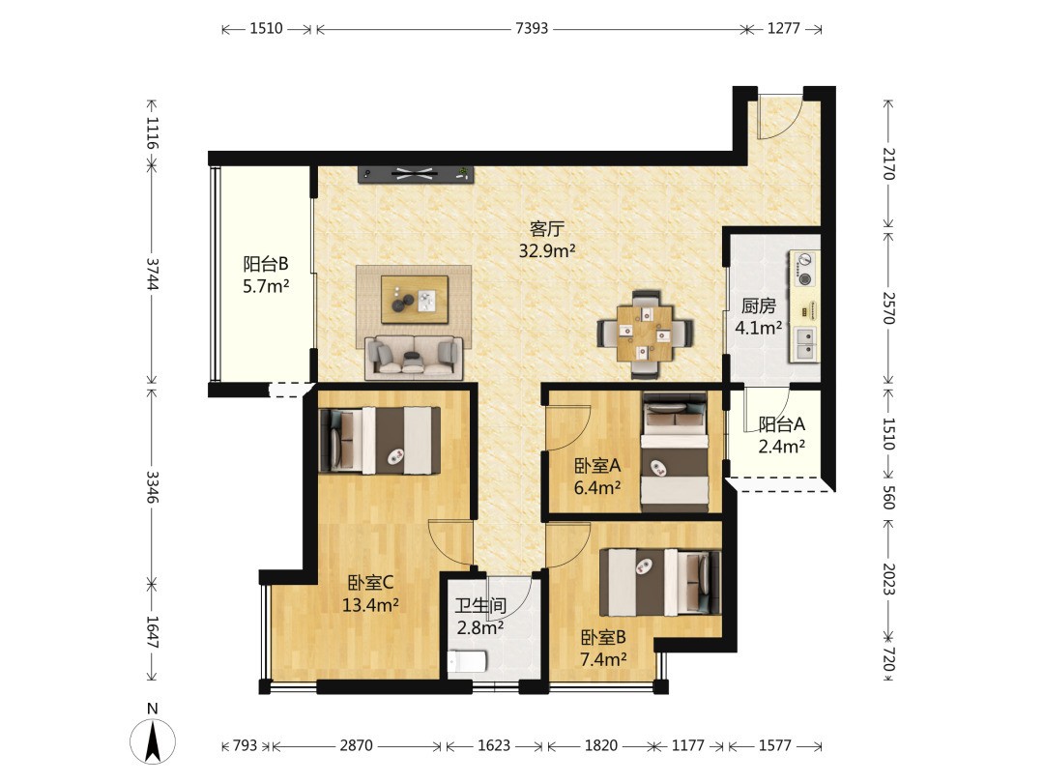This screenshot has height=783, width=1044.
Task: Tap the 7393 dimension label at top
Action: point(532,28)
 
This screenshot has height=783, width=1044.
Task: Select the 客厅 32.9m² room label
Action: point(546,240)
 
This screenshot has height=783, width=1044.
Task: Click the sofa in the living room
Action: point(414,358)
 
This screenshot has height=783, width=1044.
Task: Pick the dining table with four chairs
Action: point(645,333)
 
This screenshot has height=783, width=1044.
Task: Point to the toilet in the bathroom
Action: point(467,662)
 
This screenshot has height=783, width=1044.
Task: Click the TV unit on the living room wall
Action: point(416,174)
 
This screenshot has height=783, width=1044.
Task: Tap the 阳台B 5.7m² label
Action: point(266,275)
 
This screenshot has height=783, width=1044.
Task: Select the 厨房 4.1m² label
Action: point(759,316)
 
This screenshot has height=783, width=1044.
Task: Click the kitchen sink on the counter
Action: point(804,343)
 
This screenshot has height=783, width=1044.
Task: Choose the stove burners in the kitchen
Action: point(804,269)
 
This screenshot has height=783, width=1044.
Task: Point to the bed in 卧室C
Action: point(380,440)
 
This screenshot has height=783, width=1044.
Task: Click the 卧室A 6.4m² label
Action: point(597,476)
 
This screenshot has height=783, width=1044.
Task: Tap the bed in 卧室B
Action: point(660,582)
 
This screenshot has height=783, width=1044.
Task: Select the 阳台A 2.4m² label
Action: point(782,435)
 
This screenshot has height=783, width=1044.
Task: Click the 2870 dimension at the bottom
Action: point(356,745)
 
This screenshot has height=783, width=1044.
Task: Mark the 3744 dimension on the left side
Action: point(153,274)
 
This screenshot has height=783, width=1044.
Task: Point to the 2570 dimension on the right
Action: point(888,307)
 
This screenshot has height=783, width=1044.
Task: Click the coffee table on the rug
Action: point(414,300)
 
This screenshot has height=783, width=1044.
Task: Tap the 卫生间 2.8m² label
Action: point(480,616)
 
